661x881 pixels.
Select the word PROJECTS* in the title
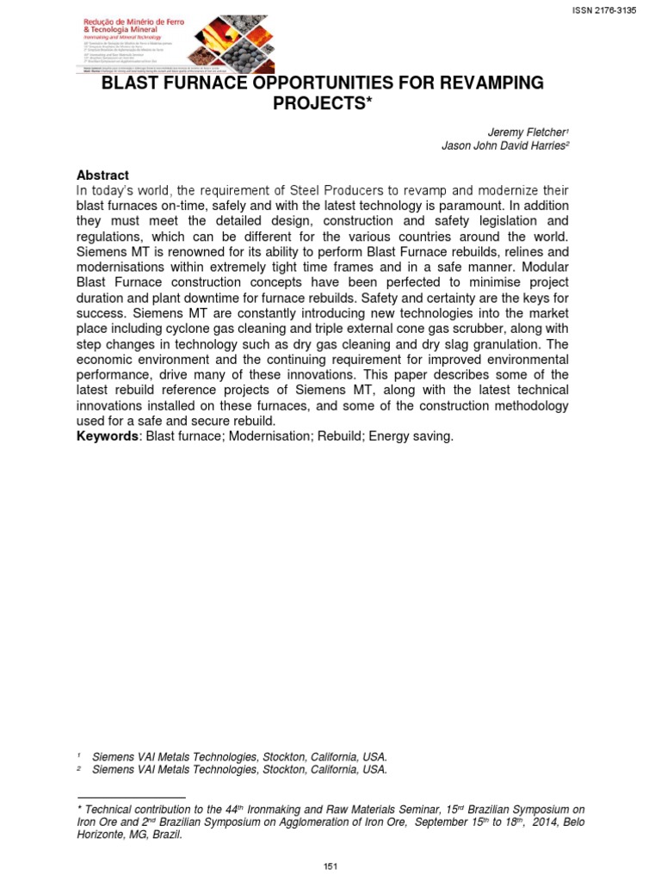pyautogui.click(x=331, y=103)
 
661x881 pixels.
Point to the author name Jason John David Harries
pyautogui.click(x=502, y=145)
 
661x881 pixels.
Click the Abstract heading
pyautogui.click(x=102, y=175)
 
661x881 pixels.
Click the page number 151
pyautogui.click(x=330, y=866)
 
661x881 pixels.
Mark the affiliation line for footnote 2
pyautogui.click(x=239, y=770)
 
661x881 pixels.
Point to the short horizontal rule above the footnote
pyautogui.click(x=131, y=798)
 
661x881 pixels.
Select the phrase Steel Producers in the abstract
pyautogui.click(x=329, y=190)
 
